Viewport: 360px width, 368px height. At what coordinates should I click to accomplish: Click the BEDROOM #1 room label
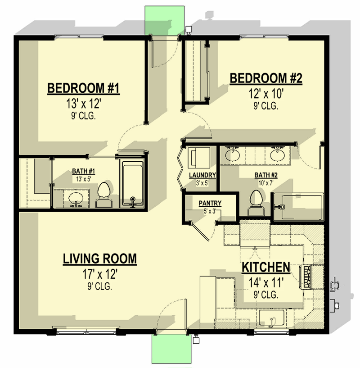[83, 88]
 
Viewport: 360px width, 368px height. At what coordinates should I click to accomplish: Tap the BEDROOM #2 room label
[265, 78]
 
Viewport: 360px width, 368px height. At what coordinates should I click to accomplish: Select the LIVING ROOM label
[99, 259]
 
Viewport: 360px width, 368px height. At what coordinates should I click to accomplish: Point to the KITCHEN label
[265, 268]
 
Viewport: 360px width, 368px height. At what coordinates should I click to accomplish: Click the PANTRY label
[208, 204]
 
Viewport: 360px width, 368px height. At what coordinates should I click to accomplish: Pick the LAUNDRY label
[202, 175]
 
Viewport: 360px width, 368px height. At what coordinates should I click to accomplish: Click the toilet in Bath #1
[104, 195]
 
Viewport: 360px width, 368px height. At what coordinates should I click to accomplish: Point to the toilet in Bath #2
[256, 202]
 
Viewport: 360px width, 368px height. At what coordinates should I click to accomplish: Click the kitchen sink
[271, 318]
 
